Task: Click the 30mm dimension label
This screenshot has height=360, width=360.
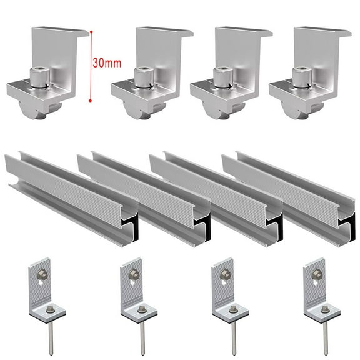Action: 107,63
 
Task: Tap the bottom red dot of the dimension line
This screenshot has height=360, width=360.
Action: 91,99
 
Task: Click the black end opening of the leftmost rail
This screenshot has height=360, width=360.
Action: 131,229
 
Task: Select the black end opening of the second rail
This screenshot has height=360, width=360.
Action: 204,229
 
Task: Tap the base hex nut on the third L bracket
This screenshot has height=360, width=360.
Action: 232,309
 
